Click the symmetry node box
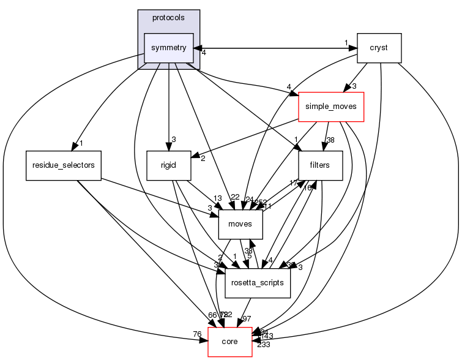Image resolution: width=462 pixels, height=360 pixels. [168, 48]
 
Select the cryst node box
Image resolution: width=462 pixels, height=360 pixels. [379, 48]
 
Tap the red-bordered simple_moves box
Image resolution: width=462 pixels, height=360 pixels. [330, 107]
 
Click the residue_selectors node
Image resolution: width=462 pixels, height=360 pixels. [63, 165]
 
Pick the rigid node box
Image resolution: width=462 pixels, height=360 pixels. [168, 165]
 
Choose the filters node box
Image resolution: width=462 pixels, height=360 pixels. [321, 165]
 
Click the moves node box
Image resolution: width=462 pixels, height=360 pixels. [240, 224]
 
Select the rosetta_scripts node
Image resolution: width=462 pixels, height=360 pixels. [258, 283]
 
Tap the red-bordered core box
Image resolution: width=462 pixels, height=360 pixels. [230, 342]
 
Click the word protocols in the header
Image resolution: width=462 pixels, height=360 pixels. [168, 17]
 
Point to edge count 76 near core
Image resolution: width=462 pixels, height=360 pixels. [198, 334]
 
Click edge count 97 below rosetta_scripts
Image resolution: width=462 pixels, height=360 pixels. [248, 319]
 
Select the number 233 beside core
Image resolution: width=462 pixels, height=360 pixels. [263, 345]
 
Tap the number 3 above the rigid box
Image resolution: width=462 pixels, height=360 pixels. [173, 140]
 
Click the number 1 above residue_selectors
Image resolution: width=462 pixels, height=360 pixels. [80, 144]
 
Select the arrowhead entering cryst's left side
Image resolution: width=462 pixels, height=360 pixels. [353, 47]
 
